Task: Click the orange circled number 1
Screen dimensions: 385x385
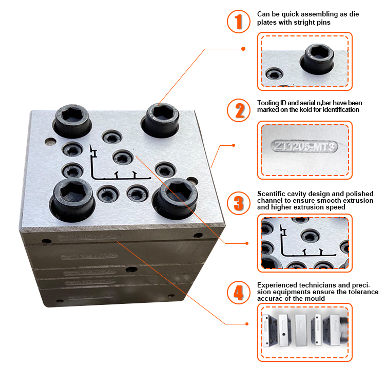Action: (x=238, y=21)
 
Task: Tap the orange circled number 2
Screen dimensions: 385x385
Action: (x=238, y=110)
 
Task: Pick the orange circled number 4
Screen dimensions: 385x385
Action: (x=238, y=292)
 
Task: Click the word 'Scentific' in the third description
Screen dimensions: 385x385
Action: (x=272, y=193)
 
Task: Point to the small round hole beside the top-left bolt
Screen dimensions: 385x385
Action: (x=49, y=141)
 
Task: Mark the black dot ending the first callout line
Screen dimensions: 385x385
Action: (x=243, y=49)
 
